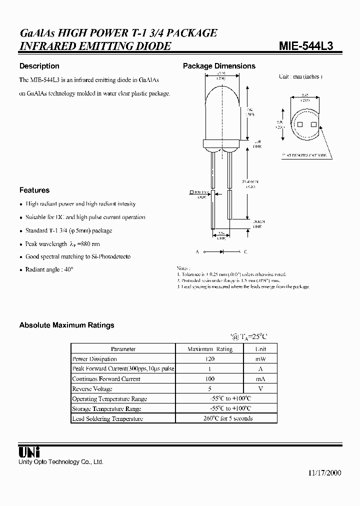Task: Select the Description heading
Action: tap(39, 66)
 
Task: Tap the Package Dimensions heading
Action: tap(219, 66)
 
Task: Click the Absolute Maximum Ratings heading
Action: tap(66, 325)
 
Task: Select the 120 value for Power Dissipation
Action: tap(209, 359)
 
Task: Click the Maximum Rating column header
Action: tap(209, 349)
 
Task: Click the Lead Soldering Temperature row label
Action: tap(107, 419)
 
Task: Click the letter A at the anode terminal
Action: tap(197, 252)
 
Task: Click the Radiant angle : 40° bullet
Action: tap(49, 269)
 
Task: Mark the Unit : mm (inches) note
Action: tap(300, 76)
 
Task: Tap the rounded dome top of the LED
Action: tap(221, 92)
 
